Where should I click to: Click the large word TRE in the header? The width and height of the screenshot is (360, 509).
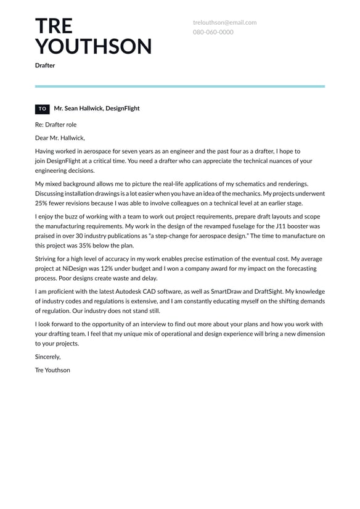pos(54,26)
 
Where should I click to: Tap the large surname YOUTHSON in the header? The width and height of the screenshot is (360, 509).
pos(93,47)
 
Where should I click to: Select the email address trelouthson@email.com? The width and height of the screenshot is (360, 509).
pos(224,22)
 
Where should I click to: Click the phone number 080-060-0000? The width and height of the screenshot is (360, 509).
pos(213,32)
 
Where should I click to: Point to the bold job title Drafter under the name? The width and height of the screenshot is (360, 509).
pos(45,65)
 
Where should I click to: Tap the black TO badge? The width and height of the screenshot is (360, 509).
pos(43,109)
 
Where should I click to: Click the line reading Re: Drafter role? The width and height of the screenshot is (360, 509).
pos(56,125)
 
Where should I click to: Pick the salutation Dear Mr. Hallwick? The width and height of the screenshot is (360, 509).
pos(60,138)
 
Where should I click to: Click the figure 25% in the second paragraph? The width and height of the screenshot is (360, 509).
pos(42,204)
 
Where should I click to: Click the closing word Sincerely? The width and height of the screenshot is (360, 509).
pos(48,357)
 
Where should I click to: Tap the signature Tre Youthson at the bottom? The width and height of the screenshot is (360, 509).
pos(52,370)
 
